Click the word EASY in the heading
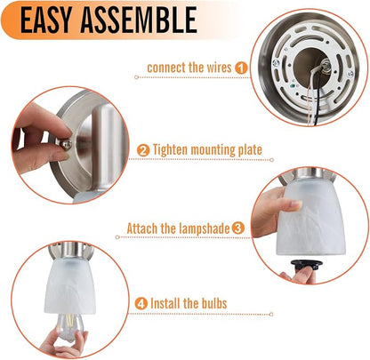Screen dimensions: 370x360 coord(46,20)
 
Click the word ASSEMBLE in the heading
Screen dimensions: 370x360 coord(139,20)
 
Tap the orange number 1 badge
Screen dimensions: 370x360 coord(241,68)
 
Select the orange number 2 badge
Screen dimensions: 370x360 coord(143,150)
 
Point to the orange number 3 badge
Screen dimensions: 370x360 coord(238,228)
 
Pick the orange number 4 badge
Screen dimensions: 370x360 coord(141,304)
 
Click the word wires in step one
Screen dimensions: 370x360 coord(219,68)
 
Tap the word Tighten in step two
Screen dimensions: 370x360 coord(170,150)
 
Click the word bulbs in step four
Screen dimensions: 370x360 coord(214,303)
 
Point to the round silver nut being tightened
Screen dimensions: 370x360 coord(66,144)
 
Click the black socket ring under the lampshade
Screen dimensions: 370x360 coord(307,264)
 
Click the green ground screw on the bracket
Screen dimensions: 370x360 coord(292,86)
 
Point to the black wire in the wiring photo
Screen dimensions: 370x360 coord(316,98)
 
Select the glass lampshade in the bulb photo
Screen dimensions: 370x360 coord(70,287)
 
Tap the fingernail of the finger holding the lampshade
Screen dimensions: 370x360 coord(296,204)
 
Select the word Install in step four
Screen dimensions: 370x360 coord(165,303)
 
